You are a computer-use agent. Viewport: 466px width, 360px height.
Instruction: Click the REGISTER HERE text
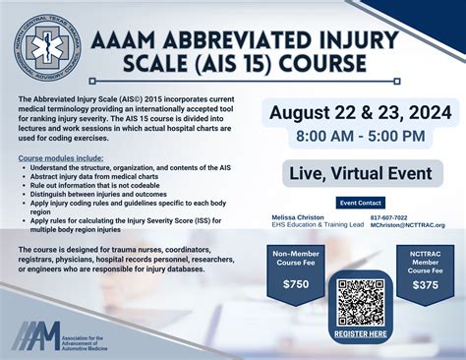point(360,333)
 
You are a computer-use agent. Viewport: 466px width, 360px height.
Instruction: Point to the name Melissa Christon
point(298,216)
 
